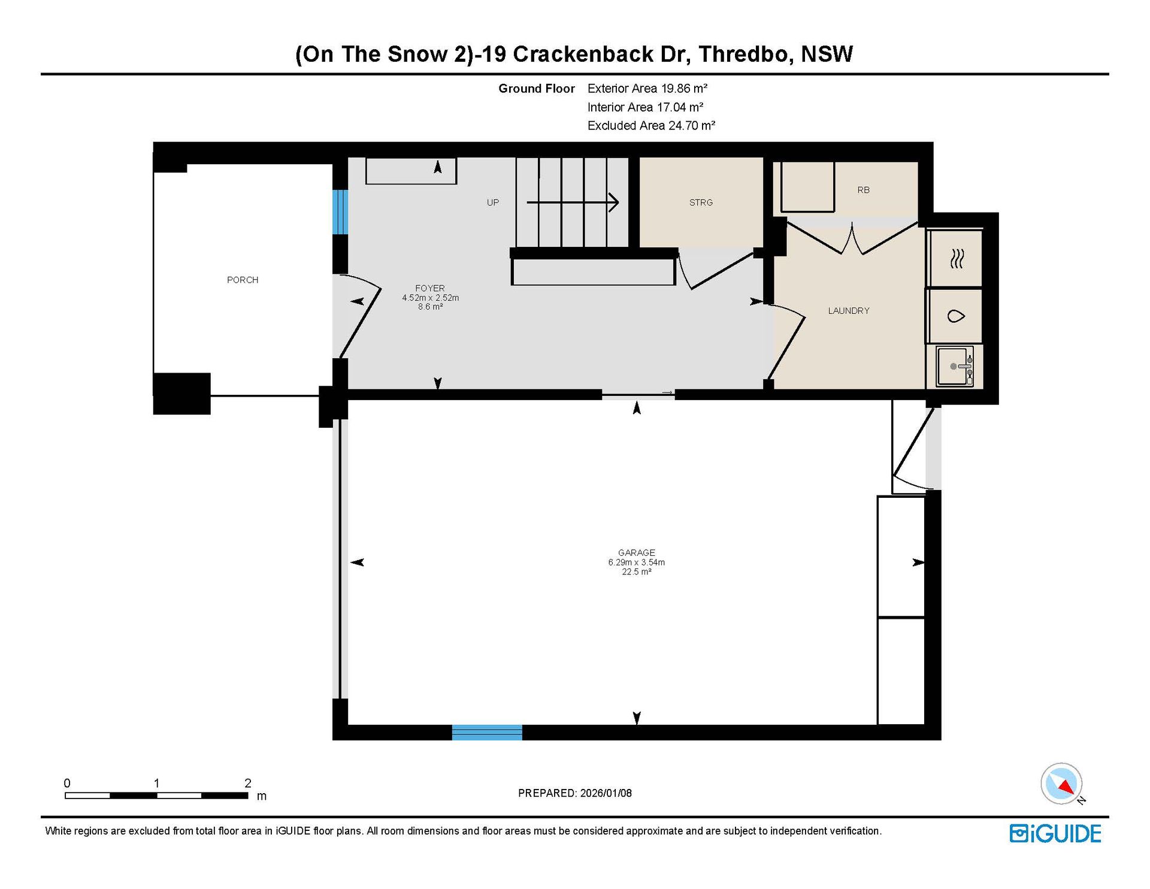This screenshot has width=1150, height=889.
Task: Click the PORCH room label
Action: click(x=243, y=280)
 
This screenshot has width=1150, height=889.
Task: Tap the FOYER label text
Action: click(x=430, y=288)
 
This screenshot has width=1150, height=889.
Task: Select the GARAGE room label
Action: click(x=637, y=552)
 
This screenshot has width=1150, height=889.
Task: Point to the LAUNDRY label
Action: click(x=849, y=310)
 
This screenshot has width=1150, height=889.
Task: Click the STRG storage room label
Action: click(x=701, y=202)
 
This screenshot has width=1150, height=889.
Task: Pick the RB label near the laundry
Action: click(x=863, y=190)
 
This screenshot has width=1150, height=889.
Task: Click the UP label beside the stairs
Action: click(x=493, y=202)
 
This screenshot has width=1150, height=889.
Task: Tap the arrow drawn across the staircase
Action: click(x=573, y=202)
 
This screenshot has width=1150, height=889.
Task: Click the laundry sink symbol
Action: click(x=955, y=366)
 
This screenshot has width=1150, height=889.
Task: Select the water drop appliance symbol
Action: click(x=956, y=316)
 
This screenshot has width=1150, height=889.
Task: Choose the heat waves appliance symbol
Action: click(x=957, y=259)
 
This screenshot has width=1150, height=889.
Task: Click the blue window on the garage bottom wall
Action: click(x=487, y=732)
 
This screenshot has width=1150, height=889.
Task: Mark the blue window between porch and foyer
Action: click(x=340, y=212)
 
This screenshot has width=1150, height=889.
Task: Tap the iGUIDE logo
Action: click(x=1055, y=833)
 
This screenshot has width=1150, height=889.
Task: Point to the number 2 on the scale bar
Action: click(x=248, y=783)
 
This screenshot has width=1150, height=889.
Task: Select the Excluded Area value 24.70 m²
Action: click(x=692, y=126)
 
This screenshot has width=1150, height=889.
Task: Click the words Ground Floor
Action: click(x=537, y=89)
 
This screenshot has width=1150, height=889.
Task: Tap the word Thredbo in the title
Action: click(x=746, y=54)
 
